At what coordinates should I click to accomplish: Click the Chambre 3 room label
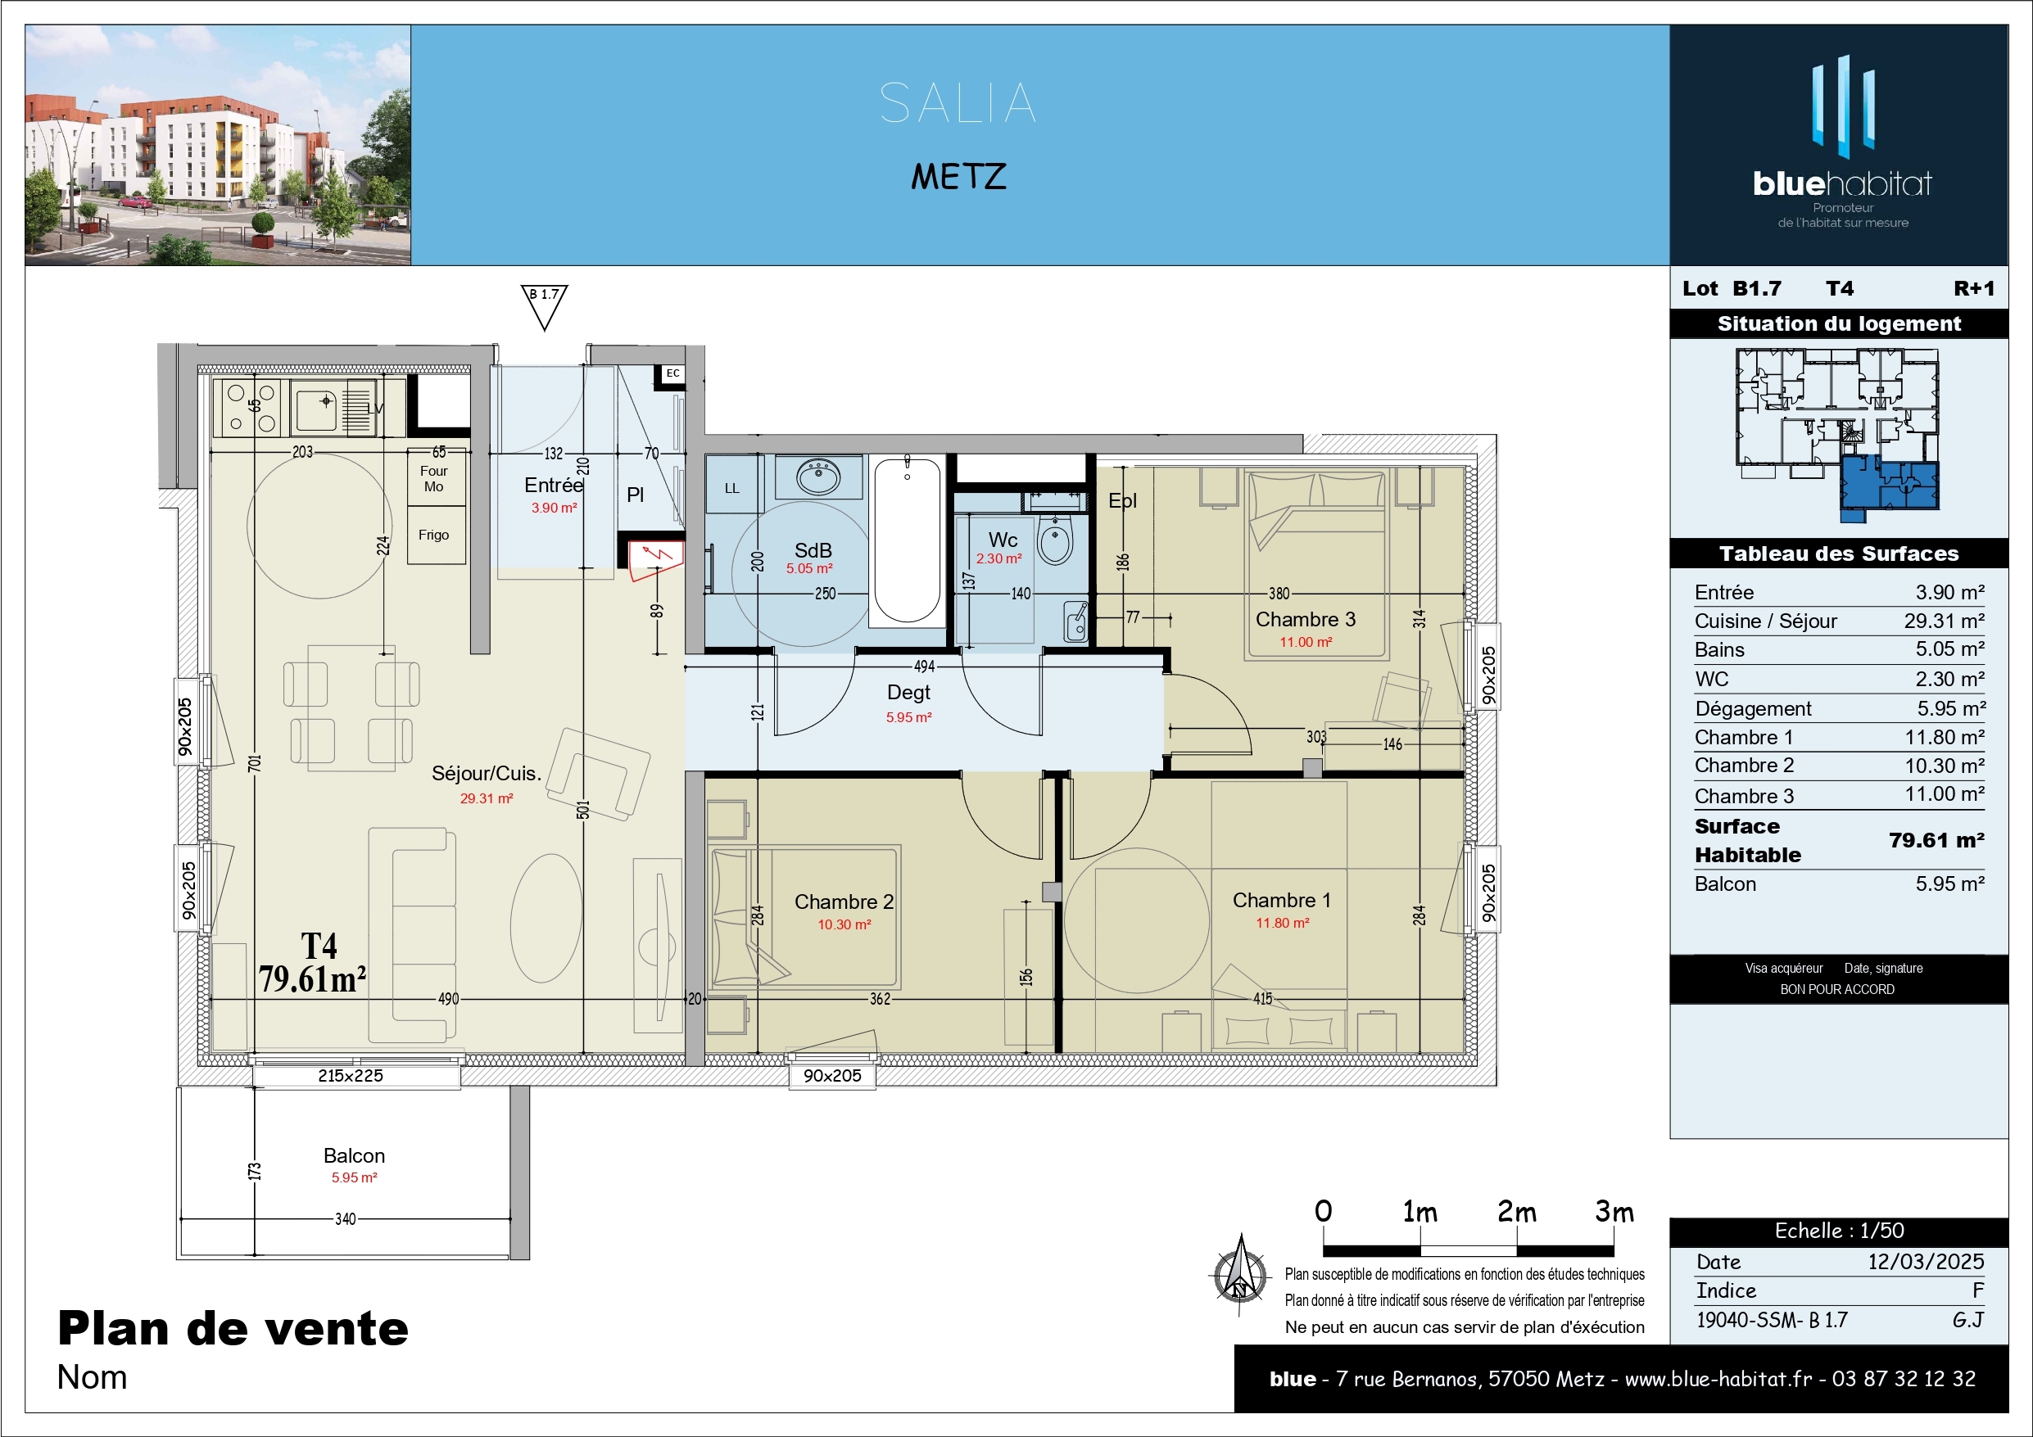1305,620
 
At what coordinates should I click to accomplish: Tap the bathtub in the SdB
907,541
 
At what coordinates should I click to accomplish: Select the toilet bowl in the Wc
1054,541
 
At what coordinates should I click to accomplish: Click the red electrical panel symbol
656,560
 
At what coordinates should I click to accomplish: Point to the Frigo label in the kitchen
434,535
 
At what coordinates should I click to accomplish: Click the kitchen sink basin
317,408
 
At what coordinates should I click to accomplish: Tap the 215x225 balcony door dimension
351,1076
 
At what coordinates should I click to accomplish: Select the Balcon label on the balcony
354,1155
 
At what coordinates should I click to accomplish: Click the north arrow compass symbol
1239,1275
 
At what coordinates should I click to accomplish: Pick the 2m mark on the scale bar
1517,1212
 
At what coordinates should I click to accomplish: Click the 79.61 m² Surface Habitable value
1936,840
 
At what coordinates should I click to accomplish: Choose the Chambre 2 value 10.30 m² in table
1945,766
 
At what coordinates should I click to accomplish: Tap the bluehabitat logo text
1843,183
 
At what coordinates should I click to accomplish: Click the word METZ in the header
959,176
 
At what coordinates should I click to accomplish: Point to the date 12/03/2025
1926,1262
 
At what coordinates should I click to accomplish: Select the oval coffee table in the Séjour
546,918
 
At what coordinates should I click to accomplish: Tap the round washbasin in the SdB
819,477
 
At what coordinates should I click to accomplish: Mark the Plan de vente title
233,1328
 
